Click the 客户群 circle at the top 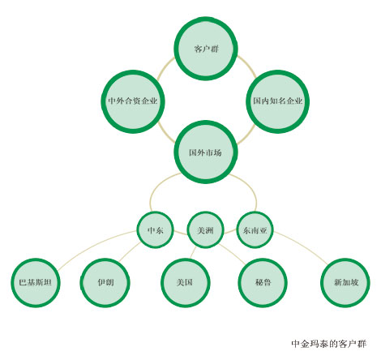206,49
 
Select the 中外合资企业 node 133,101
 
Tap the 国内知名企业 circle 278,101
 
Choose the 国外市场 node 206,152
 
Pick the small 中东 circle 155,230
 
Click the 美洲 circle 206,230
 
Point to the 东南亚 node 255,230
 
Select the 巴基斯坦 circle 36,283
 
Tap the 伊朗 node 105,283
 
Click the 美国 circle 185,283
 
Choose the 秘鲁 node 263,283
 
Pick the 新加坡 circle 345,283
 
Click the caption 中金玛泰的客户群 329,344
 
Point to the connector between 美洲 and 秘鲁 233,253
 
